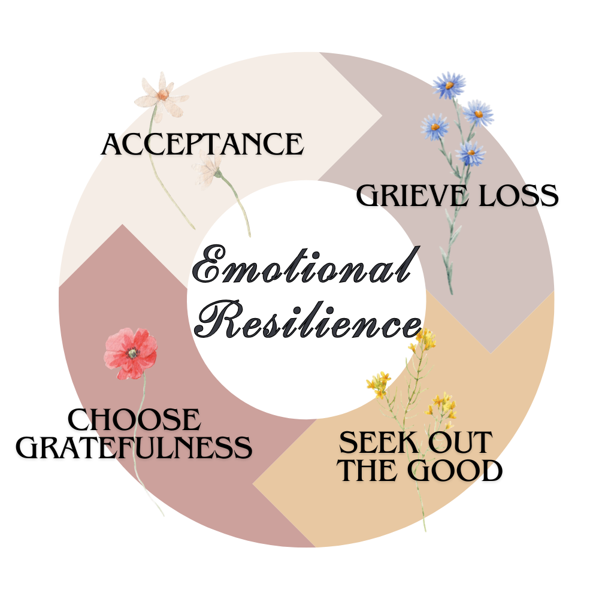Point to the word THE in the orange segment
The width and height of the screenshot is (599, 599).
click(x=369, y=471)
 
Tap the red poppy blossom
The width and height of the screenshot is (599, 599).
click(x=131, y=353)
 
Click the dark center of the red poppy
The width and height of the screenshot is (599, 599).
click(x=132, y=353)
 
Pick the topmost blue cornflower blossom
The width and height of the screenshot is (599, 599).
click(x=449, y=84)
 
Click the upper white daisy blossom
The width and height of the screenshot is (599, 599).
click(x=161, y=95)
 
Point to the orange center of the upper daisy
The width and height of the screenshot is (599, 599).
click(x=163, y=94)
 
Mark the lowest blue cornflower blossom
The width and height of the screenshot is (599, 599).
click(x=470, y=152)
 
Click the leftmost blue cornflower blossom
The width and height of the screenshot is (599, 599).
click(x=435, y=126)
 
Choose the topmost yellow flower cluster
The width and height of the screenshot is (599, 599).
click(x=424, y=339)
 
